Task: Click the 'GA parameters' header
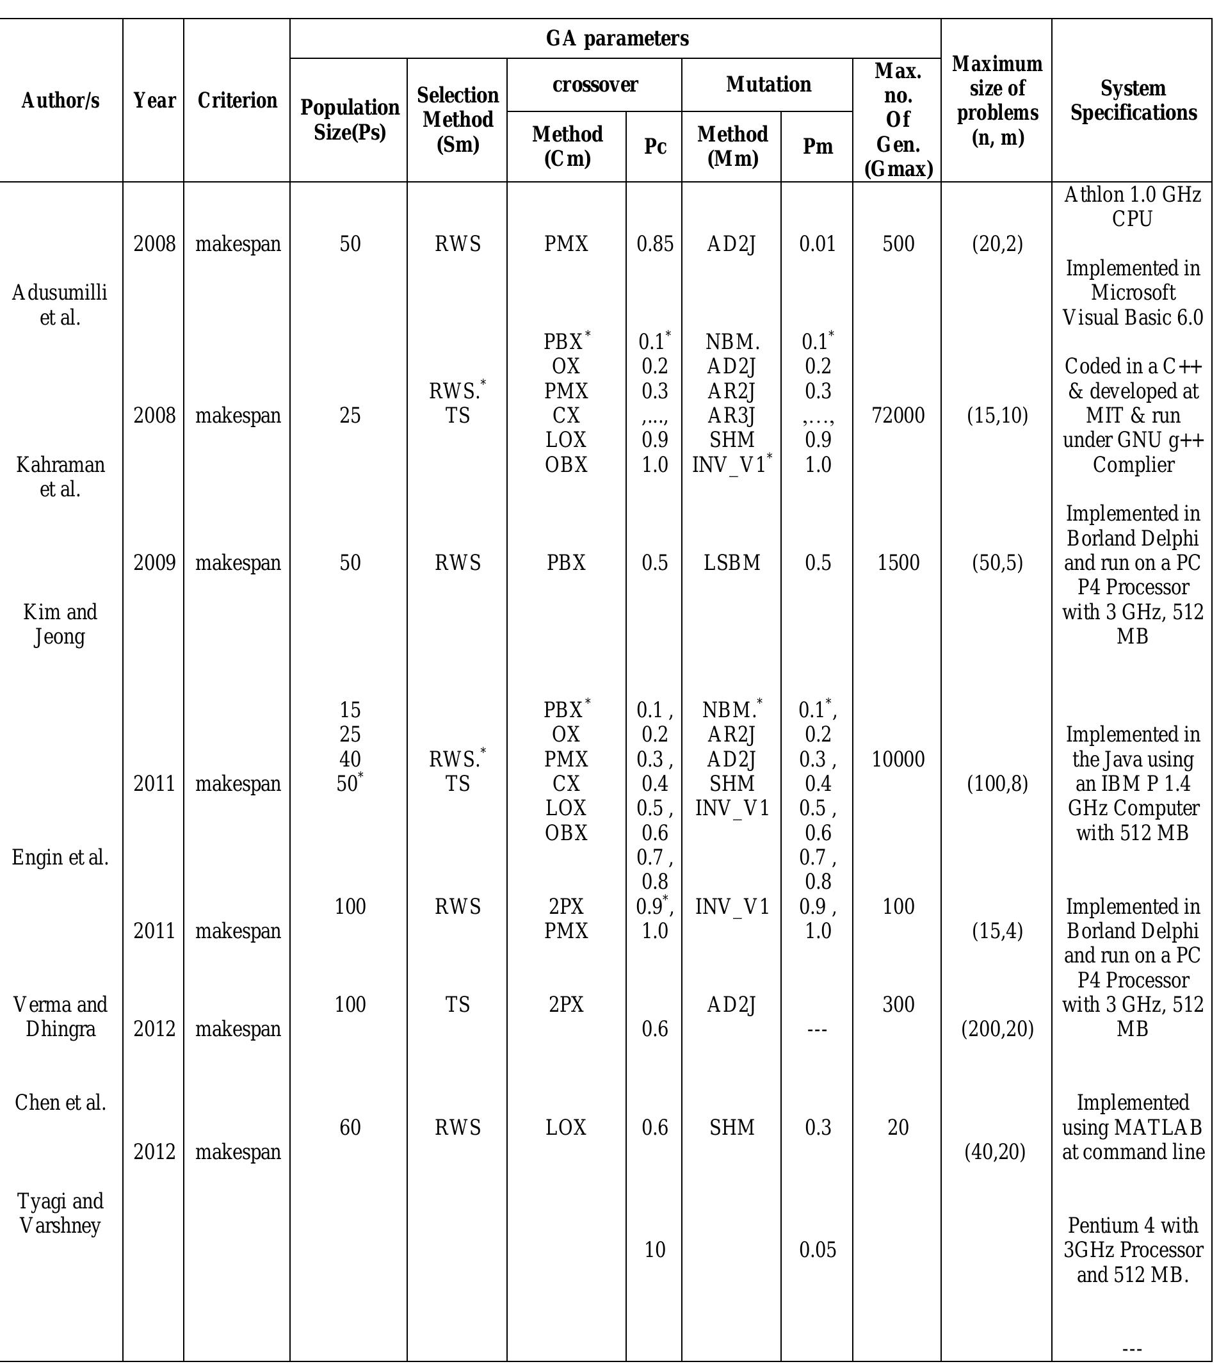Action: pos(617,39)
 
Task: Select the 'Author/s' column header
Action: pos(60,101)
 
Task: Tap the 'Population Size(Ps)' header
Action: pos(349,119)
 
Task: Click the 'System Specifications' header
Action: pos(1133,101)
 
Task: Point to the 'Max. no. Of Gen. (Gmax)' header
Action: pos(898,119)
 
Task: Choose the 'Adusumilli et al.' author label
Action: pos(60,305)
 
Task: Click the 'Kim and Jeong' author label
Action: pos(60,624)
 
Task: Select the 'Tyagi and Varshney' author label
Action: pos(60,1214)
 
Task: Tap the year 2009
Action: pos(154,563)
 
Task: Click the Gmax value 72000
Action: pos(898,416)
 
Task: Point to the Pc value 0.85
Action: pos(654,244)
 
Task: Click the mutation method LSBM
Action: pos(732,563)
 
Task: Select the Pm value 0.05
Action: pos(818,1250)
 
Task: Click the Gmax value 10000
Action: pos(898,759)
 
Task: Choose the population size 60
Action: pos(350,1128)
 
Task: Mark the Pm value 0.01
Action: pos(818,244)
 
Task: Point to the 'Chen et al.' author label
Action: pos(60,1103)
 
